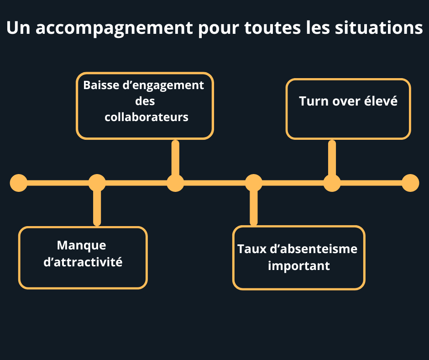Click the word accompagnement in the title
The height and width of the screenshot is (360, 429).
(x=115, y=28)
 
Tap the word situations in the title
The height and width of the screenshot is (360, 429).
(x=379, y=28)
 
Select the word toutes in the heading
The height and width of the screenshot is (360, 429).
(x=272, y=28)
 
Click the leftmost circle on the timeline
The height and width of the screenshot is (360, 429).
(x=19, y=183)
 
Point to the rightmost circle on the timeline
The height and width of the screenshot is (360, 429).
(x=410, y=183)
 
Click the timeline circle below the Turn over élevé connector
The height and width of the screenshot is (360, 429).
(x=332, y=183)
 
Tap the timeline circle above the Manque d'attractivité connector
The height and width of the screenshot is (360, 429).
(x=97, y=183)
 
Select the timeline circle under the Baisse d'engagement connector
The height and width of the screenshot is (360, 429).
(x=175, y=183)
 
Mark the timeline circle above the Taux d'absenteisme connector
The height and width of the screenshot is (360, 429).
(x=254, y=183)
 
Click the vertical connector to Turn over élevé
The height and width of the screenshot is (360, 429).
(x=332, y=158)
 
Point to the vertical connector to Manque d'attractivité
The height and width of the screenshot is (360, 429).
(x=97, y=208)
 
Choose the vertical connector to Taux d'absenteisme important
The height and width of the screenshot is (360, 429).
(x=254, y=208)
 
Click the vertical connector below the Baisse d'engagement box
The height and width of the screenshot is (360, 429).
(x=175, y=158)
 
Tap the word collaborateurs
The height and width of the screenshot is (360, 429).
(x=146, y=117)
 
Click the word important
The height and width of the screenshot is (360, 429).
(x=299, y=266)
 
